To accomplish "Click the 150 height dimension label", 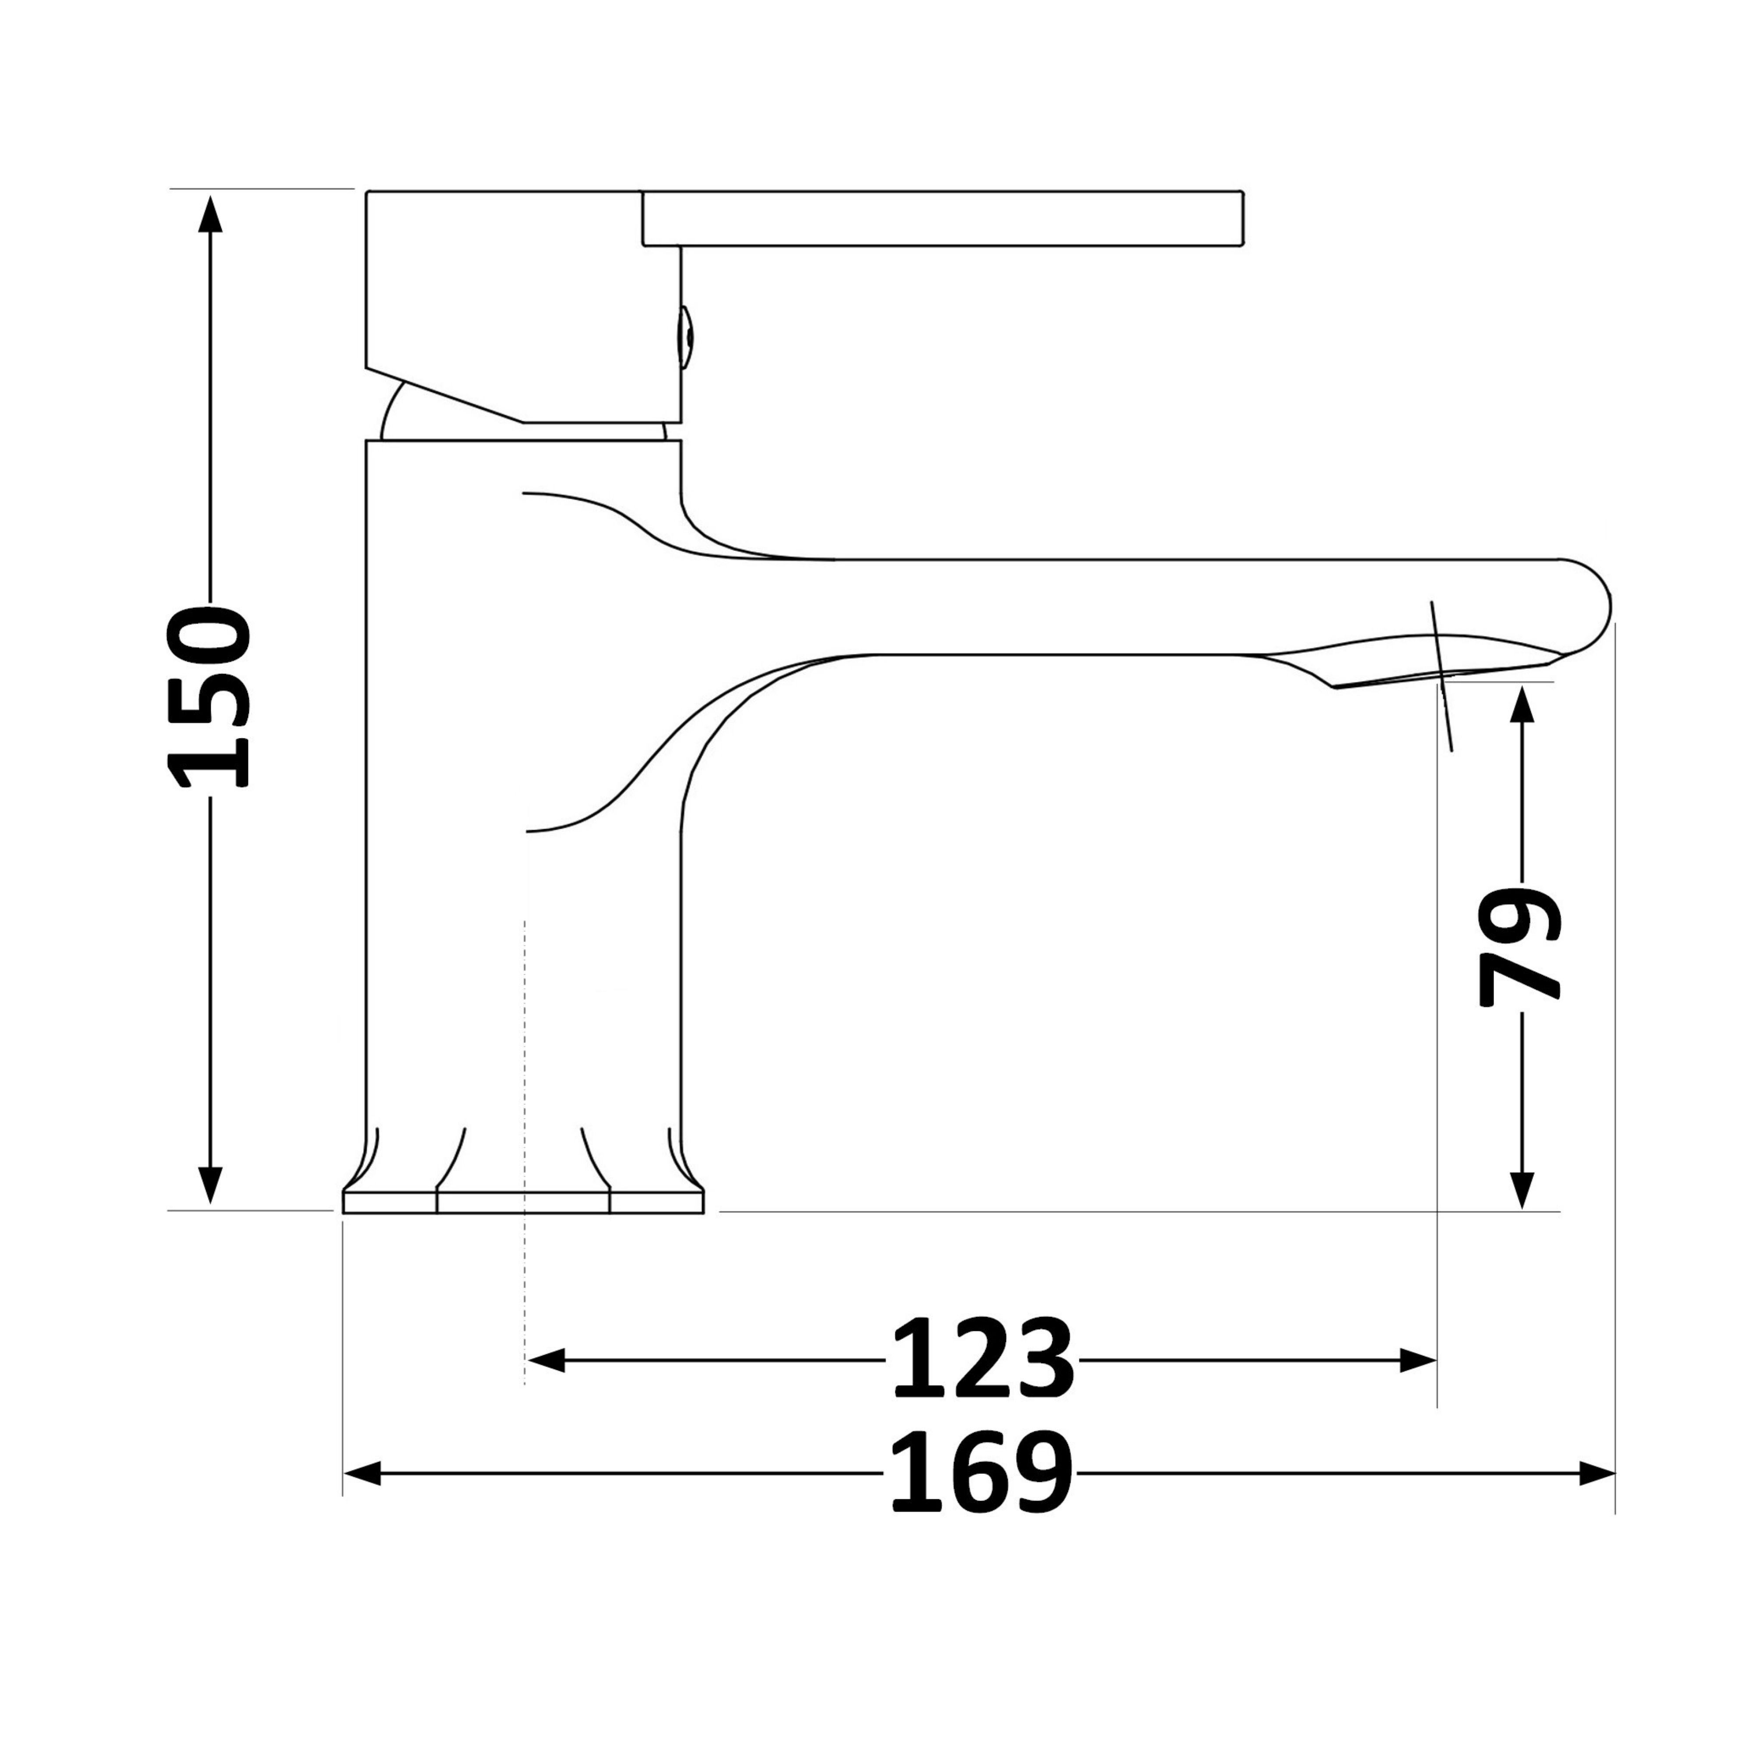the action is (x=209, y=697).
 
